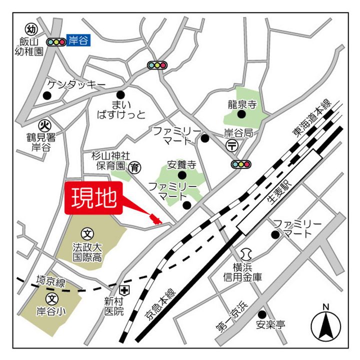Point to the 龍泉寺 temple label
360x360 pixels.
tap(241, 104)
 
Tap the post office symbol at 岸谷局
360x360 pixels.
tap(232, 145)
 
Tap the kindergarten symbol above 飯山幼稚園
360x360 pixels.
tap(32, 28)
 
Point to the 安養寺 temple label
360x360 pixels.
tap(181, 165)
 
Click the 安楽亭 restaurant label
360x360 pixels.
tap(271, 325)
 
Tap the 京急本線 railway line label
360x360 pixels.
tap(158, 305)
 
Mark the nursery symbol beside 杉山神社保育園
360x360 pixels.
tap(134, 167)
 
